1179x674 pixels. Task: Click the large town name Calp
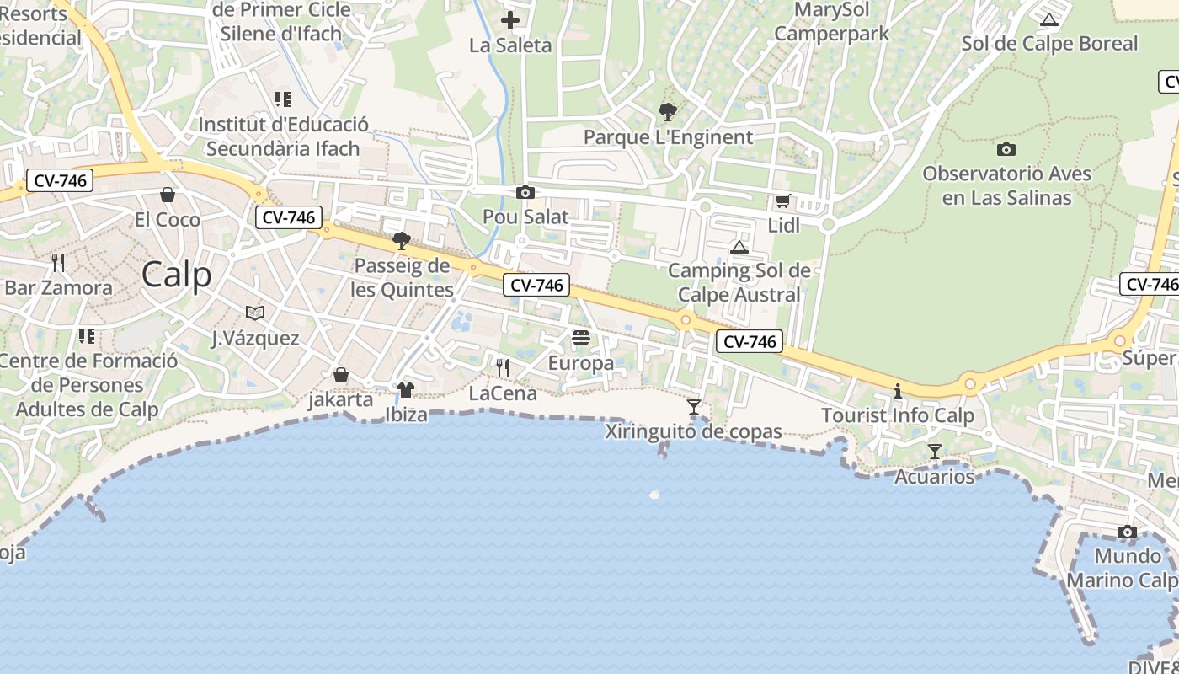[177, 275]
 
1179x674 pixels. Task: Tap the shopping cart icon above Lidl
[782, 201]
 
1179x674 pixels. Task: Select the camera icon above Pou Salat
[525, 193]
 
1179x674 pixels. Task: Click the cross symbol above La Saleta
[510, 20]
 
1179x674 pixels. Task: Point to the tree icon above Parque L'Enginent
[668, 111]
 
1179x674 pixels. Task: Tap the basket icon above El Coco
[168, 195]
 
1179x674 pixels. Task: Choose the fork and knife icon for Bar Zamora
[58, 263]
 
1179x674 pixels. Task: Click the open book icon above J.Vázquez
[255, 313]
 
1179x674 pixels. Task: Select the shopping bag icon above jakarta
[341, 375]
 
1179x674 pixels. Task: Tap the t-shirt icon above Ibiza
[406, 390]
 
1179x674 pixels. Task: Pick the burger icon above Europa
[581, 339]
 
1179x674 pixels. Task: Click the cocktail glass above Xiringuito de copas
[694, 407]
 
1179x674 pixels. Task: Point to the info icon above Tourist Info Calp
[898, 391]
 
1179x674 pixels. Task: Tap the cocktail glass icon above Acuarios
[934, 452]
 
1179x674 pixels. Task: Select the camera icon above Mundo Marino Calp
[1127, 532]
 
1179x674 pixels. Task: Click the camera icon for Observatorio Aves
[1006, 150]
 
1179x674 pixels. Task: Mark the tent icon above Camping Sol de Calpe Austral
[739, 247]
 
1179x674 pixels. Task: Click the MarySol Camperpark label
[831, 23]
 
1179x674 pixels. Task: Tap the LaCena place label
[503, 393]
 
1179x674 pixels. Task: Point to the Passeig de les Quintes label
[403, 278]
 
